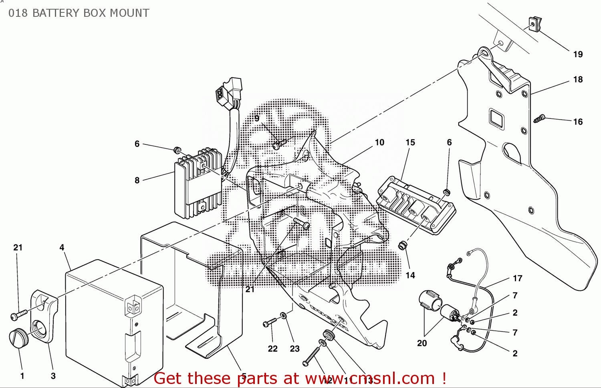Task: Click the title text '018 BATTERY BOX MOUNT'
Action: click(79, 13)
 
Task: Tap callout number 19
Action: click(578, 54)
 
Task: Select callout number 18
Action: click(578, 80)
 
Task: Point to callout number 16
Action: click(578, 122)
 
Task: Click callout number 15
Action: click(410, 142)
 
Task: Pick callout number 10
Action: click(379, 142)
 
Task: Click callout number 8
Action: click(137, 180)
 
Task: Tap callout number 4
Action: click(62, 248)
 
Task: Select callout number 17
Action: click(518, 278)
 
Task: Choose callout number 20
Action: click(422, 343)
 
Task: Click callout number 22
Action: click(273, 349)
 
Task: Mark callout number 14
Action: click(410, 275)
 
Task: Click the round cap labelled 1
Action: click(18, 338)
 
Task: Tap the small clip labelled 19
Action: click(534, 24)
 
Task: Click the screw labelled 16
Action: click(539, 118)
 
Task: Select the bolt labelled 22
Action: click(270, 322)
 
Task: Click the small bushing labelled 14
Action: click(402, 245)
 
